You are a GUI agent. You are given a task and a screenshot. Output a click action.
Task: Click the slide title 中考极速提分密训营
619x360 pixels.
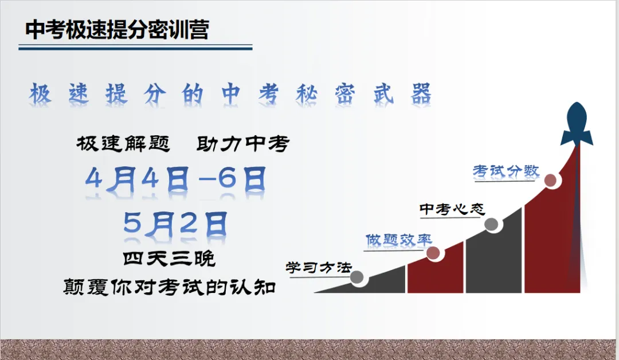click(117, 30)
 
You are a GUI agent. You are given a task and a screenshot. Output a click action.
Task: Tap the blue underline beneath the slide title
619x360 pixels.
click(135, 48)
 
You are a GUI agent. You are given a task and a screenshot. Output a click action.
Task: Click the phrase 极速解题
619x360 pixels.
click(123, 143)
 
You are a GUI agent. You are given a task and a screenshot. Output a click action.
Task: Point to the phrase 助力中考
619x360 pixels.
click(242, 143)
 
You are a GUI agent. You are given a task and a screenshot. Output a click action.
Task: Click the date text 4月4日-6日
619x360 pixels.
click(175, 180)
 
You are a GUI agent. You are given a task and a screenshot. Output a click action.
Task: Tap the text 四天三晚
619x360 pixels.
click(170, 259)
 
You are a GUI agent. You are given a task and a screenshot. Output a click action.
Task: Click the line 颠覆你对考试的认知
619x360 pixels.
click(170, 286)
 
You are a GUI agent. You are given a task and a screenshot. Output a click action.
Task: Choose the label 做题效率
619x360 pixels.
click(399, 240)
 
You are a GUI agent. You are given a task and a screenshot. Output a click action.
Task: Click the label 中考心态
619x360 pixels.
click(452, 209)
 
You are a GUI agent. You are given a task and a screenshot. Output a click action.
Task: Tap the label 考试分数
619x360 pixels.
click(506, 171)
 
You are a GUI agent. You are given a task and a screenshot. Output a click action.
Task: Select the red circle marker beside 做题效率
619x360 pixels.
click(433, 253)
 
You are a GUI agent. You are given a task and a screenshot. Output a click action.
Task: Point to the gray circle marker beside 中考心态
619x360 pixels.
click(492, 224)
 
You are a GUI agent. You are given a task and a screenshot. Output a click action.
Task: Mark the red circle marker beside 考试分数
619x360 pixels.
click(551, 181)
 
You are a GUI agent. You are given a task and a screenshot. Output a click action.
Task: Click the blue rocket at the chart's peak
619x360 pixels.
click(577, 123)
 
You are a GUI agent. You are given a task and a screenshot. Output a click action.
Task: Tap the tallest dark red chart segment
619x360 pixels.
click(553, 241)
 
